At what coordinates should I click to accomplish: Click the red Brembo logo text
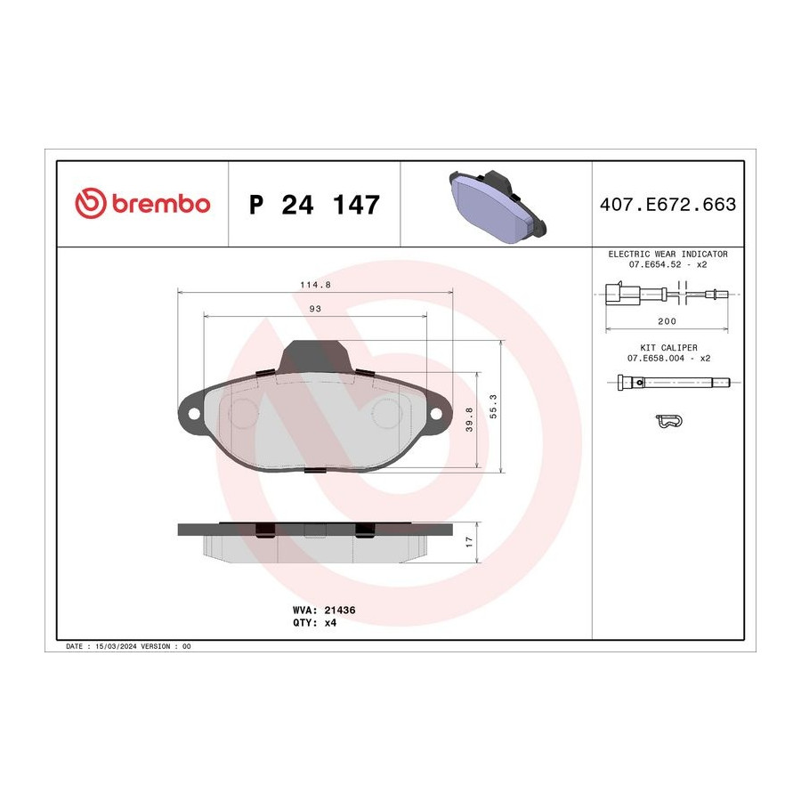click(161, 204)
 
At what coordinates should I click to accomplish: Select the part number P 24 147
click(314, 205)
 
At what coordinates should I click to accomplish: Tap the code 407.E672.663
click(667, 205)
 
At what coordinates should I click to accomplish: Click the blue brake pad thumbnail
click(498, 206)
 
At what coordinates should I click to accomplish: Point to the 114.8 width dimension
click(315, 285)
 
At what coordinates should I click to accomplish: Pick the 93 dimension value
click(315, 309)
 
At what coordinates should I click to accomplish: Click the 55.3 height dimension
click(493, 407)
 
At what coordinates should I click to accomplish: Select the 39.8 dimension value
click(469, 419)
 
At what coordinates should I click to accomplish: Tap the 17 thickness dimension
click(469, 542)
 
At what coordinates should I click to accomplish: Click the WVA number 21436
click(340, 610)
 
